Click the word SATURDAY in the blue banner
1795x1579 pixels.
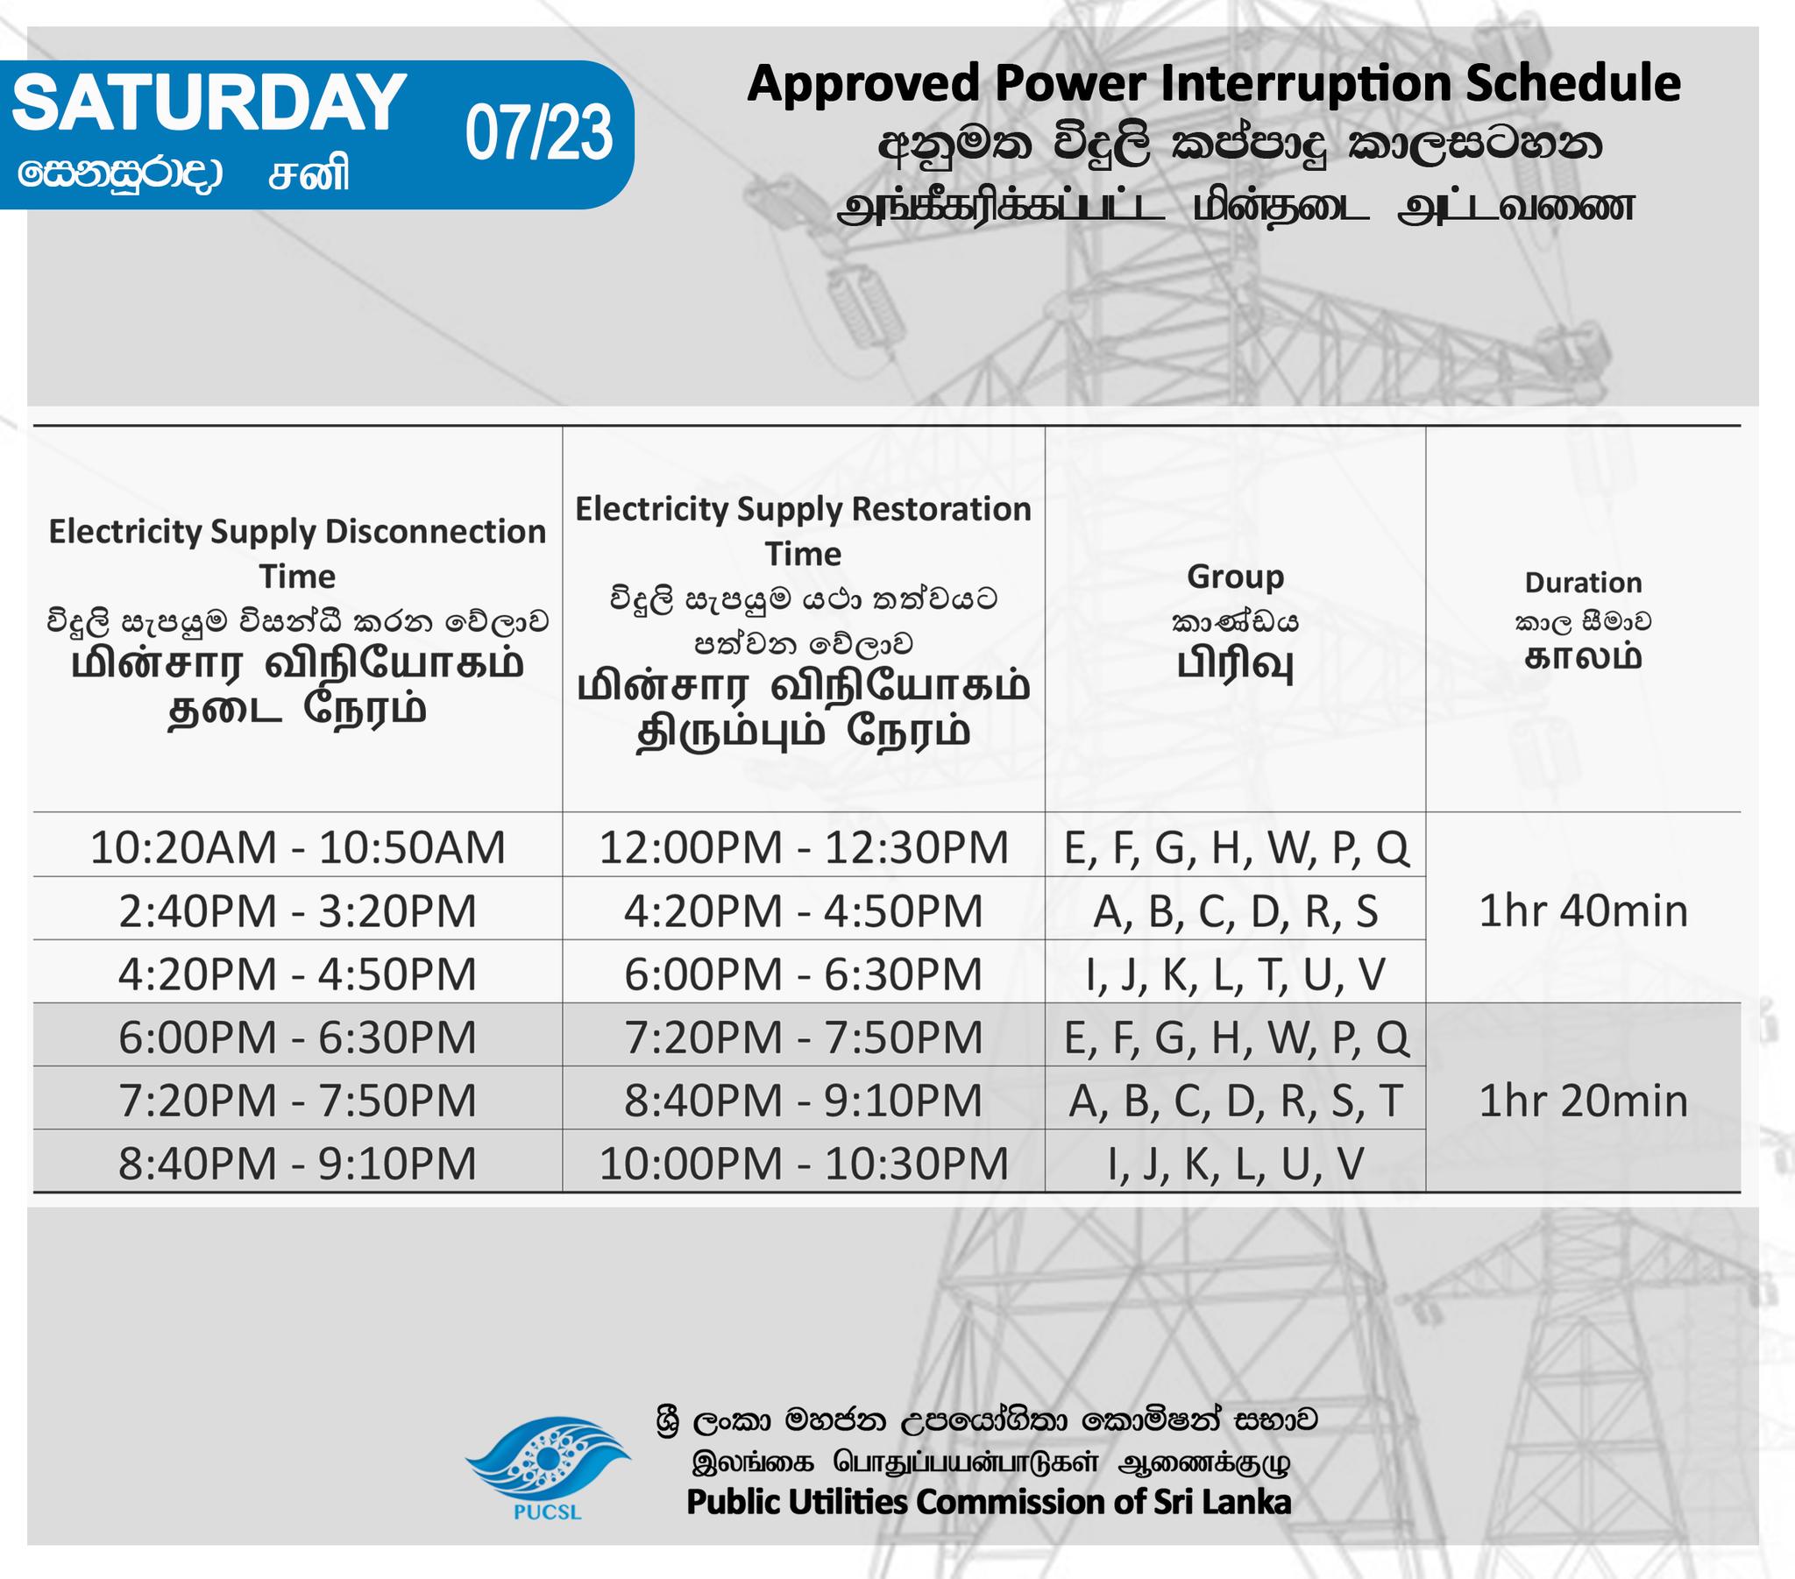pyautogui.click(x=209, y=103)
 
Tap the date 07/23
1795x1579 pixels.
pyautogui.click(x=538, y=133)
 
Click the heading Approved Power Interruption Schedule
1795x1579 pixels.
pyautogui.click(x=1214, y=84)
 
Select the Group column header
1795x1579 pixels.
pyautogui.click(x=1235, y=577)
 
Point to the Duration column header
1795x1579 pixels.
pyautogui.click(x=1584, y=582)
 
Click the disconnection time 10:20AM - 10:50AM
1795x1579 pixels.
pyautogui.click(x=298, y=847)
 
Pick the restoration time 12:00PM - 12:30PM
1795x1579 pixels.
pyautogui.click(x=804, y=847)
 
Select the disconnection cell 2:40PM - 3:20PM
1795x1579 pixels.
pyautogui.click(x=298, y=910)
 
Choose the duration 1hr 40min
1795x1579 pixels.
pyautogui.click(x=1584, y=910)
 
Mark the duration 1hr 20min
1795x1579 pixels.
pyautogui.click(x=1584, y=1101)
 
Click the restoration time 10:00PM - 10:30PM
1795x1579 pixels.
pyautogui.click(x=804, y=1164)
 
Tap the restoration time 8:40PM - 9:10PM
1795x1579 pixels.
pyautogui.click(x=804, y=1101)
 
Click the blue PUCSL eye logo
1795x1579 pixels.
pyautogui.click(x=547, y=1459)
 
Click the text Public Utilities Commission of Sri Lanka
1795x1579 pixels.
pyautogui.click(x=989, y=1502)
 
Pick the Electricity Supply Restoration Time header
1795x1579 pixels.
pyautogui.click(x=804, y=531)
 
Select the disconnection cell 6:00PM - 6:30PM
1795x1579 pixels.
pyautogui.click(x=298, y=1037)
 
